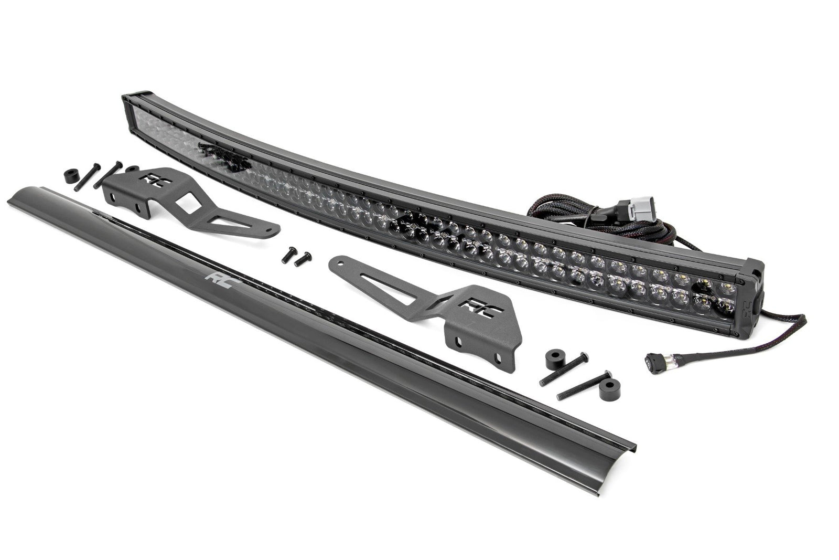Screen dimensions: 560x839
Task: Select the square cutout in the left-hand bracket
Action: (x=184, y=198)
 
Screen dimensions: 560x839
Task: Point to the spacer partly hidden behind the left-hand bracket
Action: (x=132, y=169)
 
